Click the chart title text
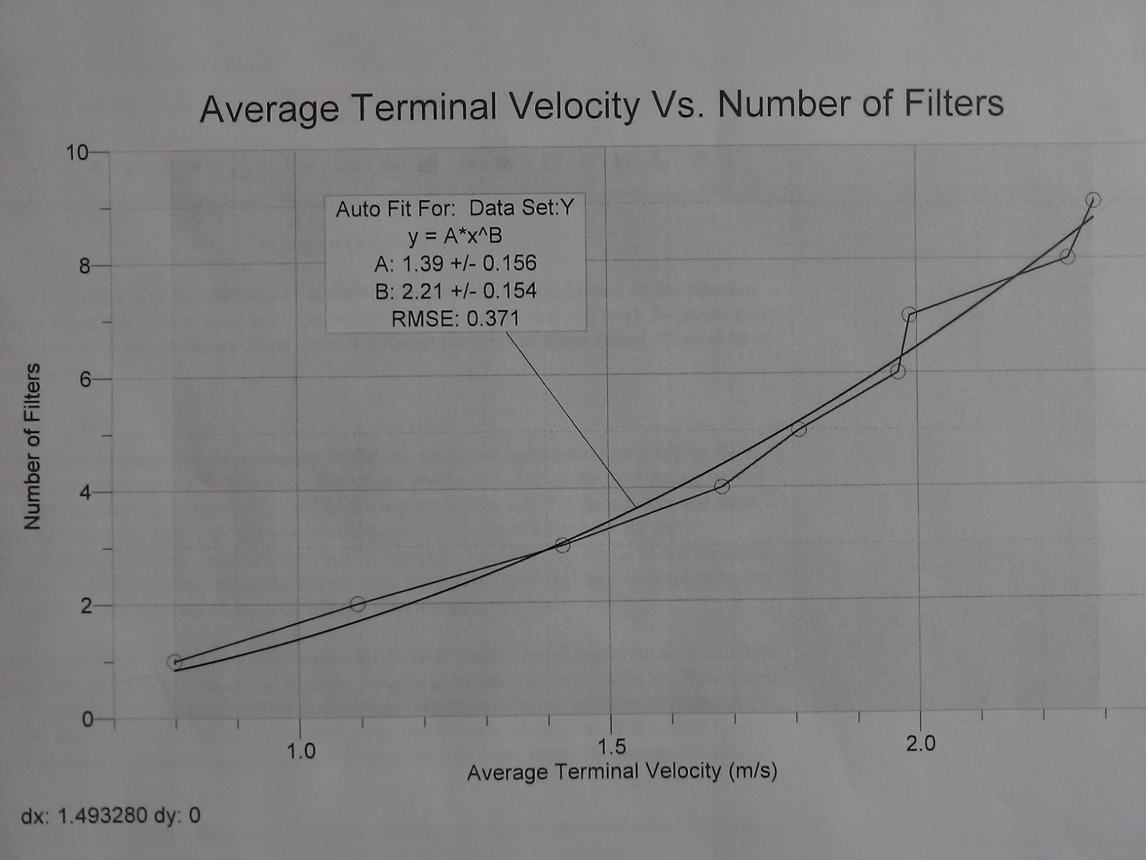coord(602,105)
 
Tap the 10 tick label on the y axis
coord(77,153)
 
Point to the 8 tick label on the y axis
coord(85,266)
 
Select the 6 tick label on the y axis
coord(85,379)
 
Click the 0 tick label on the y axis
coord(87,719)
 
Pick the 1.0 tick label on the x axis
coord(301,750)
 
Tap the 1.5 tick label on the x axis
coord(611,746)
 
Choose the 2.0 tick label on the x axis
coord(920,743)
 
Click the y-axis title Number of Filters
coord(32,446)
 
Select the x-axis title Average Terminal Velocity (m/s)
coord(622,771)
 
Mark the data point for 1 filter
coord(175,662)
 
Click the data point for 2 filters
coord(358,604)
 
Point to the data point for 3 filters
coord(562,545)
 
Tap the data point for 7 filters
coord(909,314)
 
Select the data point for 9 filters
coord(1093,200)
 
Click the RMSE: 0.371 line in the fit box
coord(456,318)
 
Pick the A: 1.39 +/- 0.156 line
coord(455,263)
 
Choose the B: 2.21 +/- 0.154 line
coord(455,290)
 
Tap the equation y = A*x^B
coord(455,236)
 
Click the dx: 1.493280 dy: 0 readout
coord(111,816)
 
